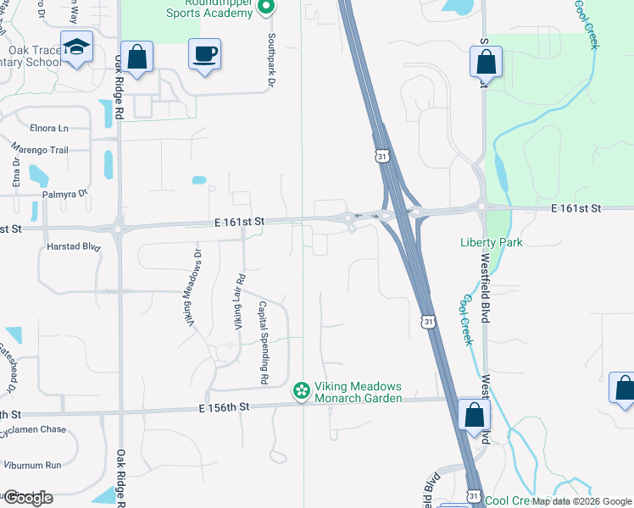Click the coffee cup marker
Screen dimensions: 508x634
tap(204, 55)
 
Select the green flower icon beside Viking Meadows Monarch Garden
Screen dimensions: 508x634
tap(301, 391)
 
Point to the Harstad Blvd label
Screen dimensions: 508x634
tap(75, 248)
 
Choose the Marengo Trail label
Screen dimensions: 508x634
tap(39, 150)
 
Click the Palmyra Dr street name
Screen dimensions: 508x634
tap(65, 194)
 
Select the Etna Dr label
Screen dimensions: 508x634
tap(16, 173)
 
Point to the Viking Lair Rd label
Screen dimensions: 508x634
tap(240, 301)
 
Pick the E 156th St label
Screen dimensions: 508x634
tap(225, 406)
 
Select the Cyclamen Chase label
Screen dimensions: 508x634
tap(33, 429)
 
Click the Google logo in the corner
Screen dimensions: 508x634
tap(27, 498)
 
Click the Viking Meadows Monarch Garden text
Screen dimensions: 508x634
tap(358, 392)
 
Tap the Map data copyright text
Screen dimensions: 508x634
tap(581, 501)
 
